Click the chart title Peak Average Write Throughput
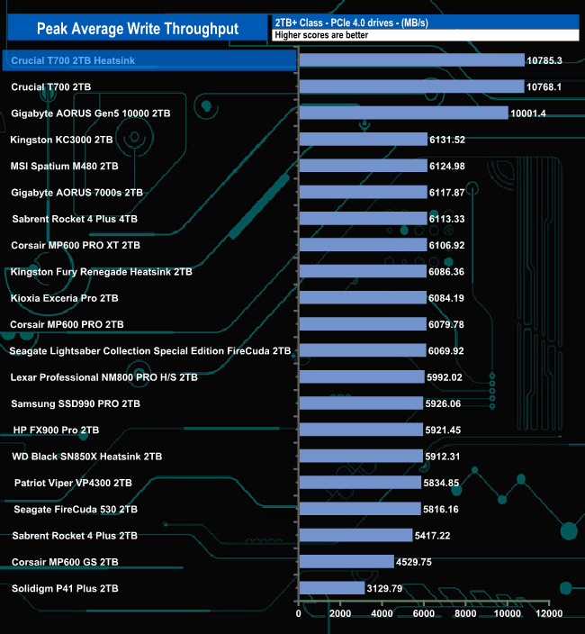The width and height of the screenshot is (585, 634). point(137,29)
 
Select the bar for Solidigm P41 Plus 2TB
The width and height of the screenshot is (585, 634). point(331,588)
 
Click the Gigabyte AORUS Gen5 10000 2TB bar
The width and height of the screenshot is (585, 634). point(403,113)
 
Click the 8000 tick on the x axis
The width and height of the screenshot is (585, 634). point(466,614)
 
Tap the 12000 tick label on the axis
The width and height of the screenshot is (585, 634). point(549,614)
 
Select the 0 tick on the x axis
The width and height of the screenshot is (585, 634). point(299,614)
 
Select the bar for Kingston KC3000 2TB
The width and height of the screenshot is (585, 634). point(363,140)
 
